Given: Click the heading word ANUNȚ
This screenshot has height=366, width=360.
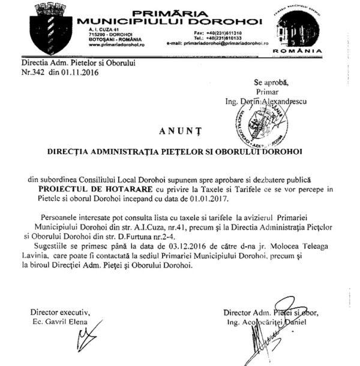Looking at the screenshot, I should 179,130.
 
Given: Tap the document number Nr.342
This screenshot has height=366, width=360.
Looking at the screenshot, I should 34,72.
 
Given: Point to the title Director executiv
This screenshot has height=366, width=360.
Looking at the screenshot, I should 59,312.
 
